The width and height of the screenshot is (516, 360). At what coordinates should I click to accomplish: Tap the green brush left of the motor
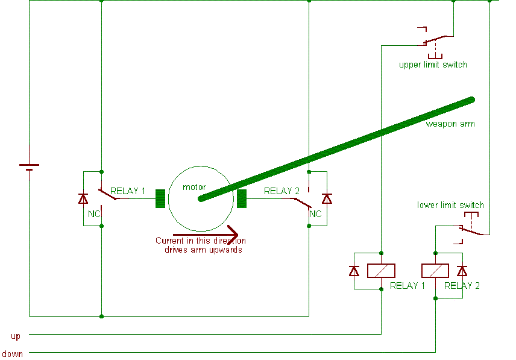pyautogui.click(x=160, y=198)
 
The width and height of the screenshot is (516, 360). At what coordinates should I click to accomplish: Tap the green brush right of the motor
pyautogui.click(x=242, y=198)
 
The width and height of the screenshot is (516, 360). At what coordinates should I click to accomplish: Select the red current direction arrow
pyautogui.click(x=206, y=235)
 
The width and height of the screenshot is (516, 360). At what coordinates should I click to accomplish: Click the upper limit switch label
pyautogui.click(x=433, y=65)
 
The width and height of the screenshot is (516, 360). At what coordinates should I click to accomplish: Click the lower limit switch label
pyautogui.click(x=450, y=205)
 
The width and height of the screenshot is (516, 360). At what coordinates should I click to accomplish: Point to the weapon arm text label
pyautogui.click(x=450, y=124)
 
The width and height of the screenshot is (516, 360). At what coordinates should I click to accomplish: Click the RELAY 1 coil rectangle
pyautogui.click(x=381, y=271)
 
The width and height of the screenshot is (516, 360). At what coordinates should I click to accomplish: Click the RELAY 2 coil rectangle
pyautogui.click(x=435, y=271)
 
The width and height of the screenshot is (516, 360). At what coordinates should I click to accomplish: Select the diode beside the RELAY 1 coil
pyautogui.click(x=354, y=271)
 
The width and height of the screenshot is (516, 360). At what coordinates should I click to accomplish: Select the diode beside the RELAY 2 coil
pyautogui.click(x=462, y=271)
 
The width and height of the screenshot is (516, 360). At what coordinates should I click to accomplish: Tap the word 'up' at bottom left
pyautogui.click(x=16, y=335)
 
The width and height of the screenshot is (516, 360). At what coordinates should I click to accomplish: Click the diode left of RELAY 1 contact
pyautogui.click(x=83, y=198)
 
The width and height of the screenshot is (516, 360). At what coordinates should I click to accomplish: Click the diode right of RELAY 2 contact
pyautogui.click(x=327, y=198)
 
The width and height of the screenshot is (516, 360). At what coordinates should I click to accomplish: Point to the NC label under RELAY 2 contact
pyautogui.click(x=315, y=213)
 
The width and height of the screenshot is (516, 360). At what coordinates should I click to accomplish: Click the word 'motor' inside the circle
pyautogui.click(x=194, y=187)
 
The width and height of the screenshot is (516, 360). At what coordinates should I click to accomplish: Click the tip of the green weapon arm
pyautogui.click(x=471, y=99)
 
